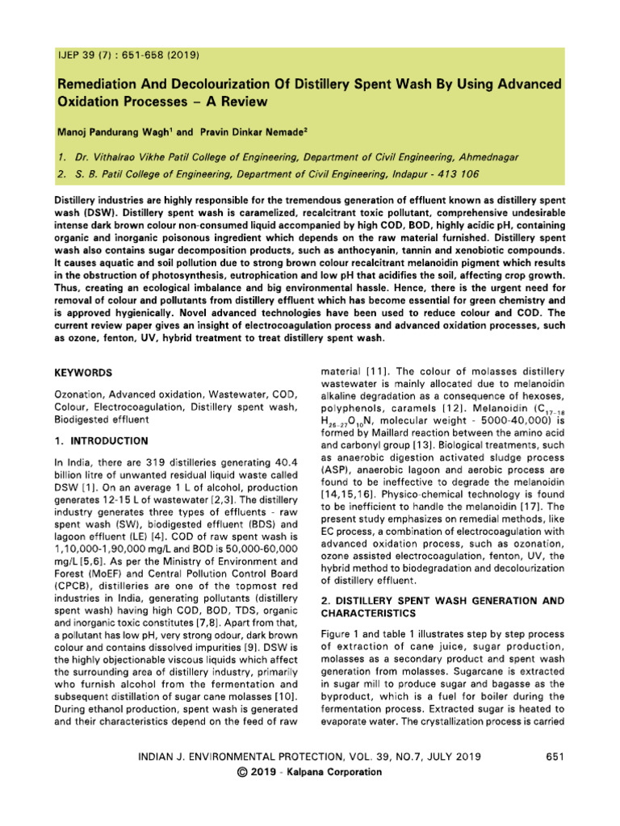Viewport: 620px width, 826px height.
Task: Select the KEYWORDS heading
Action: [x=83, y=373]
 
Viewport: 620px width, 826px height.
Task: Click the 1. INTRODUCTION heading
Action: [x=101, y=441]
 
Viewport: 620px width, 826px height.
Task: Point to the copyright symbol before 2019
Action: [x=241, y=772]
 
